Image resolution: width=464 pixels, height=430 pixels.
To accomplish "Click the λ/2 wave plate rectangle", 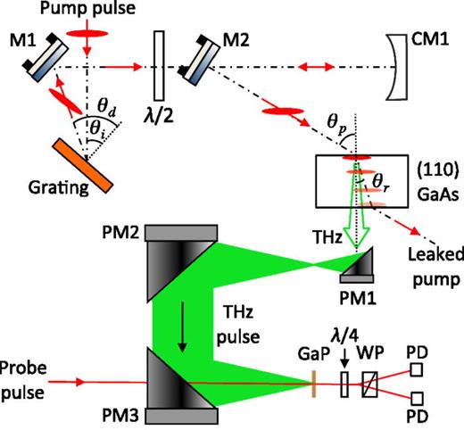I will point(158,65).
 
